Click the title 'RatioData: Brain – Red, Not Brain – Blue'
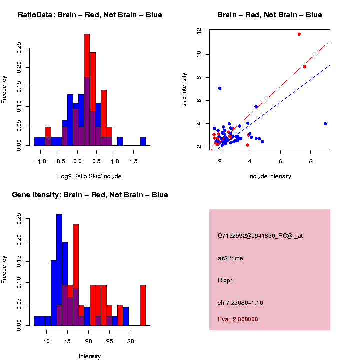pos(90,15)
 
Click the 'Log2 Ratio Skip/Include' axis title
pos(90,176)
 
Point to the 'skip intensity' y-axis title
pos(184,88)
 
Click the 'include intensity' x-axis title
pos(270,176)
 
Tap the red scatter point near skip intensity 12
pos(299,34)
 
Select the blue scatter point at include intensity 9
pos(325,124)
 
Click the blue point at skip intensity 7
pos(220,88)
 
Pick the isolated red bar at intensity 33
pos(143,305)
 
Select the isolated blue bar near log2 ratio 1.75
pos(143,141)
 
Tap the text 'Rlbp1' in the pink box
pos(226,280)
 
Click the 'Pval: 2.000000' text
pos(238,319)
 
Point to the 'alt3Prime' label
pos(230,258)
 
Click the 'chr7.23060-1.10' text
pos(240,303)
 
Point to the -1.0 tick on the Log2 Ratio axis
pos(40,162)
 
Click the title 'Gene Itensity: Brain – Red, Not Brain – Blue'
pos(90,195)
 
